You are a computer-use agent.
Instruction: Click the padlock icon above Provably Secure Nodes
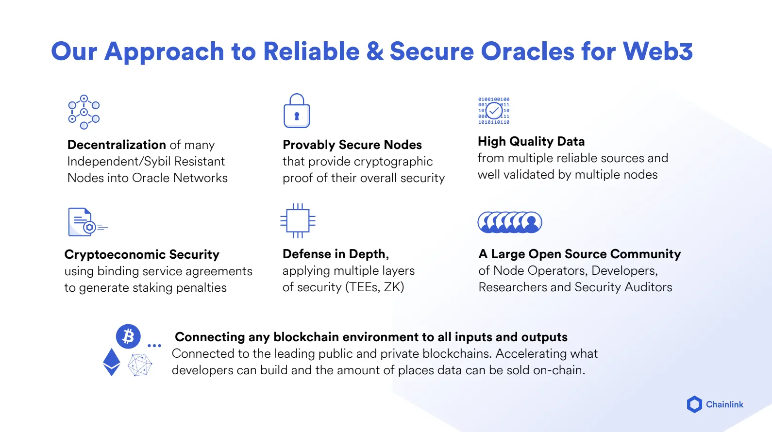[x=297, y=111]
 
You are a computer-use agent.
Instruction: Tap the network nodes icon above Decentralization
[x=84, y=112]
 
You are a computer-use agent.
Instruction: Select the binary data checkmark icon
[x=494, y=111]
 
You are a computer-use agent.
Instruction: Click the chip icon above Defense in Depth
[x=298, y=221]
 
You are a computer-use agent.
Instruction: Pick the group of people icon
[x=510, y=222]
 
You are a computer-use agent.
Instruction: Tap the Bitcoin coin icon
[x=128, y=336]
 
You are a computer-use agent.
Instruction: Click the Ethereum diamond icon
[x=112, y=362]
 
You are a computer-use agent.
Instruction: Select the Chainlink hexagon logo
[x=694, y=404]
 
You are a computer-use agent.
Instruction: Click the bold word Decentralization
[x=117, y=145]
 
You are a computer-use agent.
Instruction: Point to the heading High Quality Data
[x=531, y=141]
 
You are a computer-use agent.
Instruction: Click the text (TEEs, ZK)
[x=374, y=287]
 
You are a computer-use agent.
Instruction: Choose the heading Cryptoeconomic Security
[x=142, y=254]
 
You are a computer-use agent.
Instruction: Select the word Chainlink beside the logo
[x=724, y=404]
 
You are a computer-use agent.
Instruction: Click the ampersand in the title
[x=375, y=51]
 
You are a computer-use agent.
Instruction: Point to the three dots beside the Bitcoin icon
[x=154, y=346]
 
